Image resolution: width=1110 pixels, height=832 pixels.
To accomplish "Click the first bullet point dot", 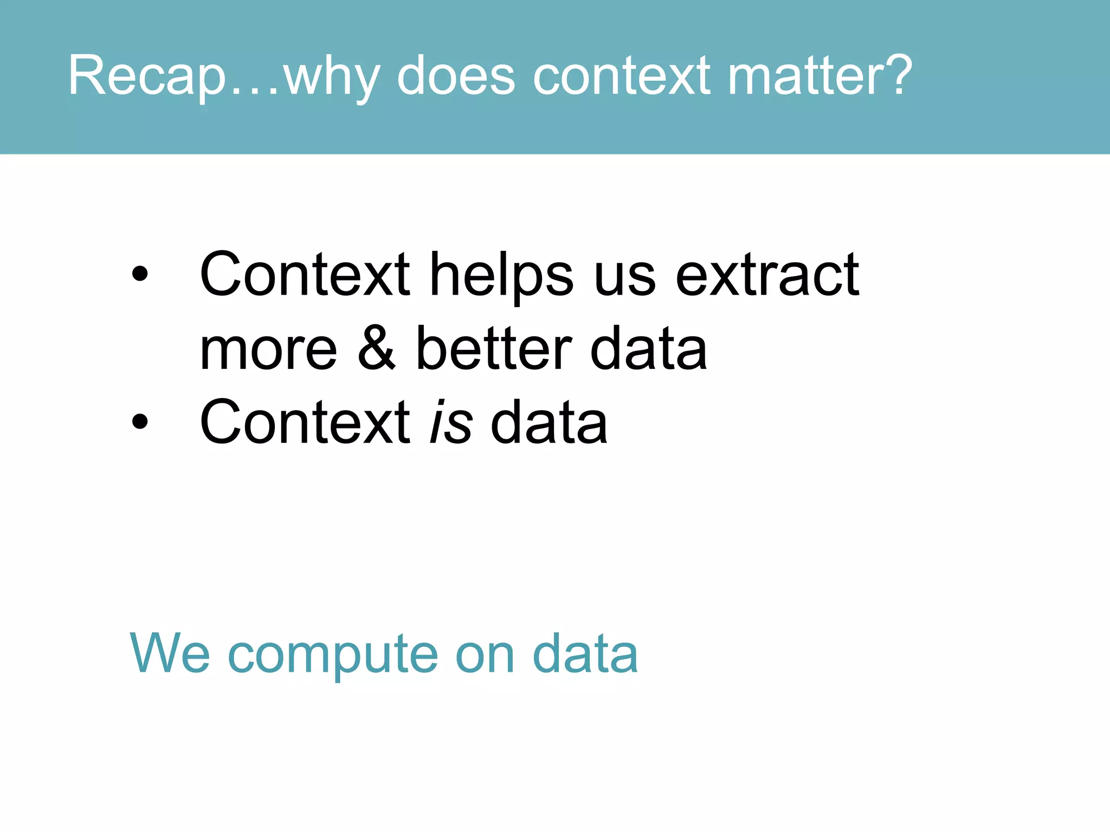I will coord(139,274).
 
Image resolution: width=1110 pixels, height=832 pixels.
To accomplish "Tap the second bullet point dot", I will coord(139,421).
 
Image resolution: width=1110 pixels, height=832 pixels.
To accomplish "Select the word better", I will coord(493,348).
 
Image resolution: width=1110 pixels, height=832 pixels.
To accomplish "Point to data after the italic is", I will coord(548,422).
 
